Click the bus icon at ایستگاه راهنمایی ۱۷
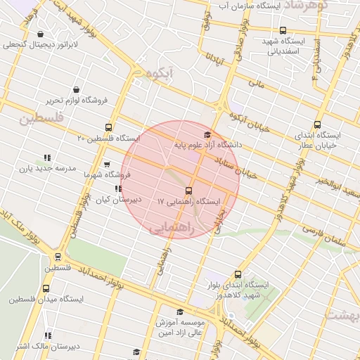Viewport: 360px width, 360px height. [x=188, y=191]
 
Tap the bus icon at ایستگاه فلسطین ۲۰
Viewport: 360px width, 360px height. [x=108, y=127]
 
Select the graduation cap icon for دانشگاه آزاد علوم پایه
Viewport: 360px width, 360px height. [x=207, y=134]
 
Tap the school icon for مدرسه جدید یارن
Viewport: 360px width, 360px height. [x=47, y=158]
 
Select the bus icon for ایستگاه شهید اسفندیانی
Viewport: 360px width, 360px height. [x=283, y=30]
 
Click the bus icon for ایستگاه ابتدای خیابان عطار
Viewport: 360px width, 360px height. [x=317, y=124]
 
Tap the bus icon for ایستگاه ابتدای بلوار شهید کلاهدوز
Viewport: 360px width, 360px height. [x=238, y=274]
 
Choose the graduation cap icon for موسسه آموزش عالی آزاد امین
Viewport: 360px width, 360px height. [x=179, y=311]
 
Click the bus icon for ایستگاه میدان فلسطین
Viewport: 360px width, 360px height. [x=46, y=288]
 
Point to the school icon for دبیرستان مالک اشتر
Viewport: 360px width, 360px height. [x=48, y=335]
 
